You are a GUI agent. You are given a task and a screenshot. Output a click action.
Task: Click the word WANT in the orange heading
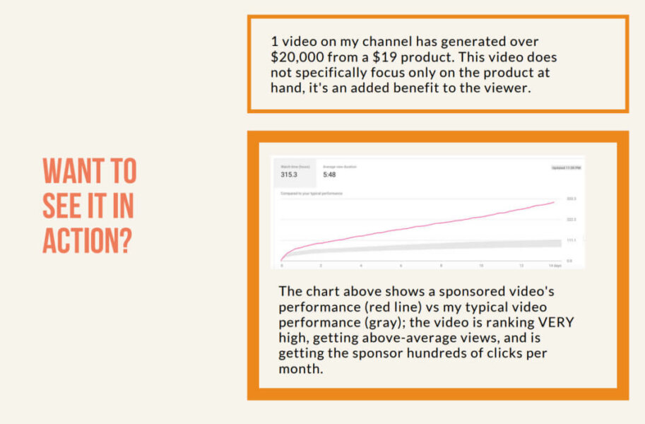(x=70, y=171)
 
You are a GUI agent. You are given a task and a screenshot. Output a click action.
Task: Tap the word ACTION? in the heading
(x=88, y=240)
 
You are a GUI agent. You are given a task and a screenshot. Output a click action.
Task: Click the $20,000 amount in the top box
(x=298, y=58)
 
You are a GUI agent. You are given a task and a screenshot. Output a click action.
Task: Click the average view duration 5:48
(x=329, y=175)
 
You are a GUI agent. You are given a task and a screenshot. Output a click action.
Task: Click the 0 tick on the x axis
(x=282, y=266)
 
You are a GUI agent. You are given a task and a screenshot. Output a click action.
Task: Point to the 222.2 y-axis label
(x=571, y=220)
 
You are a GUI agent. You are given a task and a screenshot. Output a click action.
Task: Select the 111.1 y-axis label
(x=571, y=240)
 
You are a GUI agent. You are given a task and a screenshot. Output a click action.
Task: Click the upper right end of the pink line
(x=553, y=203)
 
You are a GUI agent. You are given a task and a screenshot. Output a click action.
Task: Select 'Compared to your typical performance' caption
(x=312, y=192)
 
